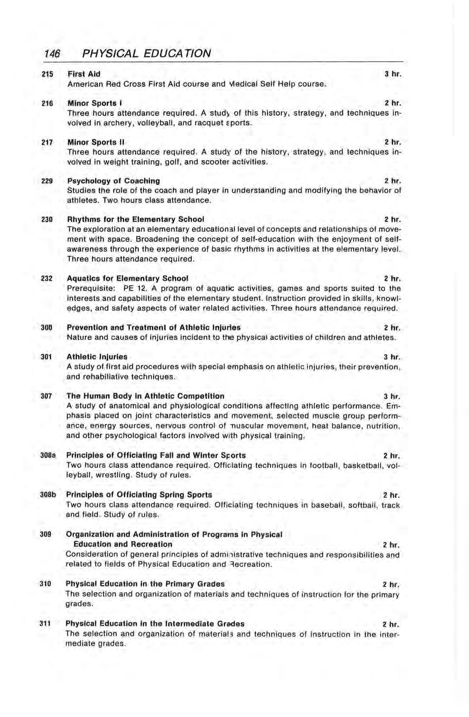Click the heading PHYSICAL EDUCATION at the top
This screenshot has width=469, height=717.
145,53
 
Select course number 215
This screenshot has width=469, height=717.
48,74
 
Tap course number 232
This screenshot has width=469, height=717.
48,278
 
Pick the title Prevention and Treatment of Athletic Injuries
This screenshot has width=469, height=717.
153,327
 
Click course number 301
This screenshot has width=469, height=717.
48,356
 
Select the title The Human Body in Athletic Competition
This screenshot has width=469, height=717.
145,396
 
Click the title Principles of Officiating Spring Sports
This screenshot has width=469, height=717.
139,494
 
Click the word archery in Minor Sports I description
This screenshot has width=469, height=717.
110,122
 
